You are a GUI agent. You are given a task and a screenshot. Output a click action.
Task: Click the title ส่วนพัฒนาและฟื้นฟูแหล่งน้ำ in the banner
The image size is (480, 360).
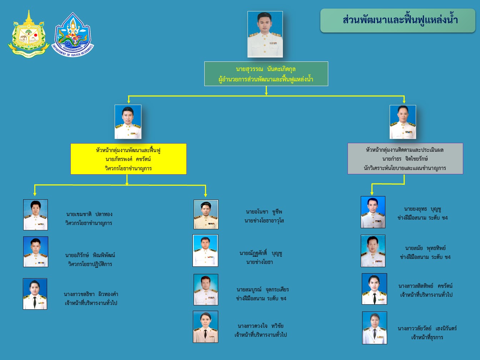point(400,20)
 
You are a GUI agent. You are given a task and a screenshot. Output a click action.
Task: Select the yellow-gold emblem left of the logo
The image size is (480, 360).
point(28,34)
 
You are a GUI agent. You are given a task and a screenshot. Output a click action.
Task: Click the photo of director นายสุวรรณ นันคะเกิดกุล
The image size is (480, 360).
point(265,34)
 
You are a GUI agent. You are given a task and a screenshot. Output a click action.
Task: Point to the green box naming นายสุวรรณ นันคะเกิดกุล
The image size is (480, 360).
point(266,74)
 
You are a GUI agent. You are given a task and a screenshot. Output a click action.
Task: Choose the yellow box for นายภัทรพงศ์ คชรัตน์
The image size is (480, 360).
point(128,159)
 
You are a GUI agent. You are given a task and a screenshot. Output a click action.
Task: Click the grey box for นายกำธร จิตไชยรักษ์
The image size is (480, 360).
point(405,159)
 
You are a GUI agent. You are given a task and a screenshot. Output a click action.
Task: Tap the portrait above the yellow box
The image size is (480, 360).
point(128,122)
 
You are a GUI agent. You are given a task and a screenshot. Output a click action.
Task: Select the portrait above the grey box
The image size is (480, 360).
point(403,122)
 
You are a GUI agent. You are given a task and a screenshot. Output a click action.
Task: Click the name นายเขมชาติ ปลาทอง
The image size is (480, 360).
point(89,214)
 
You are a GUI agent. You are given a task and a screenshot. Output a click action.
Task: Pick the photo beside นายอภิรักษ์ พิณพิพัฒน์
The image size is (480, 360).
point(36,252)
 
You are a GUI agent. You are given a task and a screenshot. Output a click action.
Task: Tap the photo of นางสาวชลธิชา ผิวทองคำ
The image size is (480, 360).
point(35,294)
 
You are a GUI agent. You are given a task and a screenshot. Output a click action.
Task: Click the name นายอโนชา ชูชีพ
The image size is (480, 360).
point(264,212)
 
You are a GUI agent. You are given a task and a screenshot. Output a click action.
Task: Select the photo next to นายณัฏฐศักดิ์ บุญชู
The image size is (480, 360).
point(205,251)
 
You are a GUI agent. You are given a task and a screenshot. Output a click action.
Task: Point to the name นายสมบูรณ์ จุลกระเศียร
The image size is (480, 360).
point(262,290)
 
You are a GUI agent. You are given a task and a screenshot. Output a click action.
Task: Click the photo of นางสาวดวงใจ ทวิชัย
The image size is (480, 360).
point(205,327)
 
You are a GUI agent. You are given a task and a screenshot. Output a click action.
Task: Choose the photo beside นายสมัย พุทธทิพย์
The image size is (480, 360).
point(373,251)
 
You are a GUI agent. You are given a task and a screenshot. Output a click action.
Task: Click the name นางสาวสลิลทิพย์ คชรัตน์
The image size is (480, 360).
point(425,286)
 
